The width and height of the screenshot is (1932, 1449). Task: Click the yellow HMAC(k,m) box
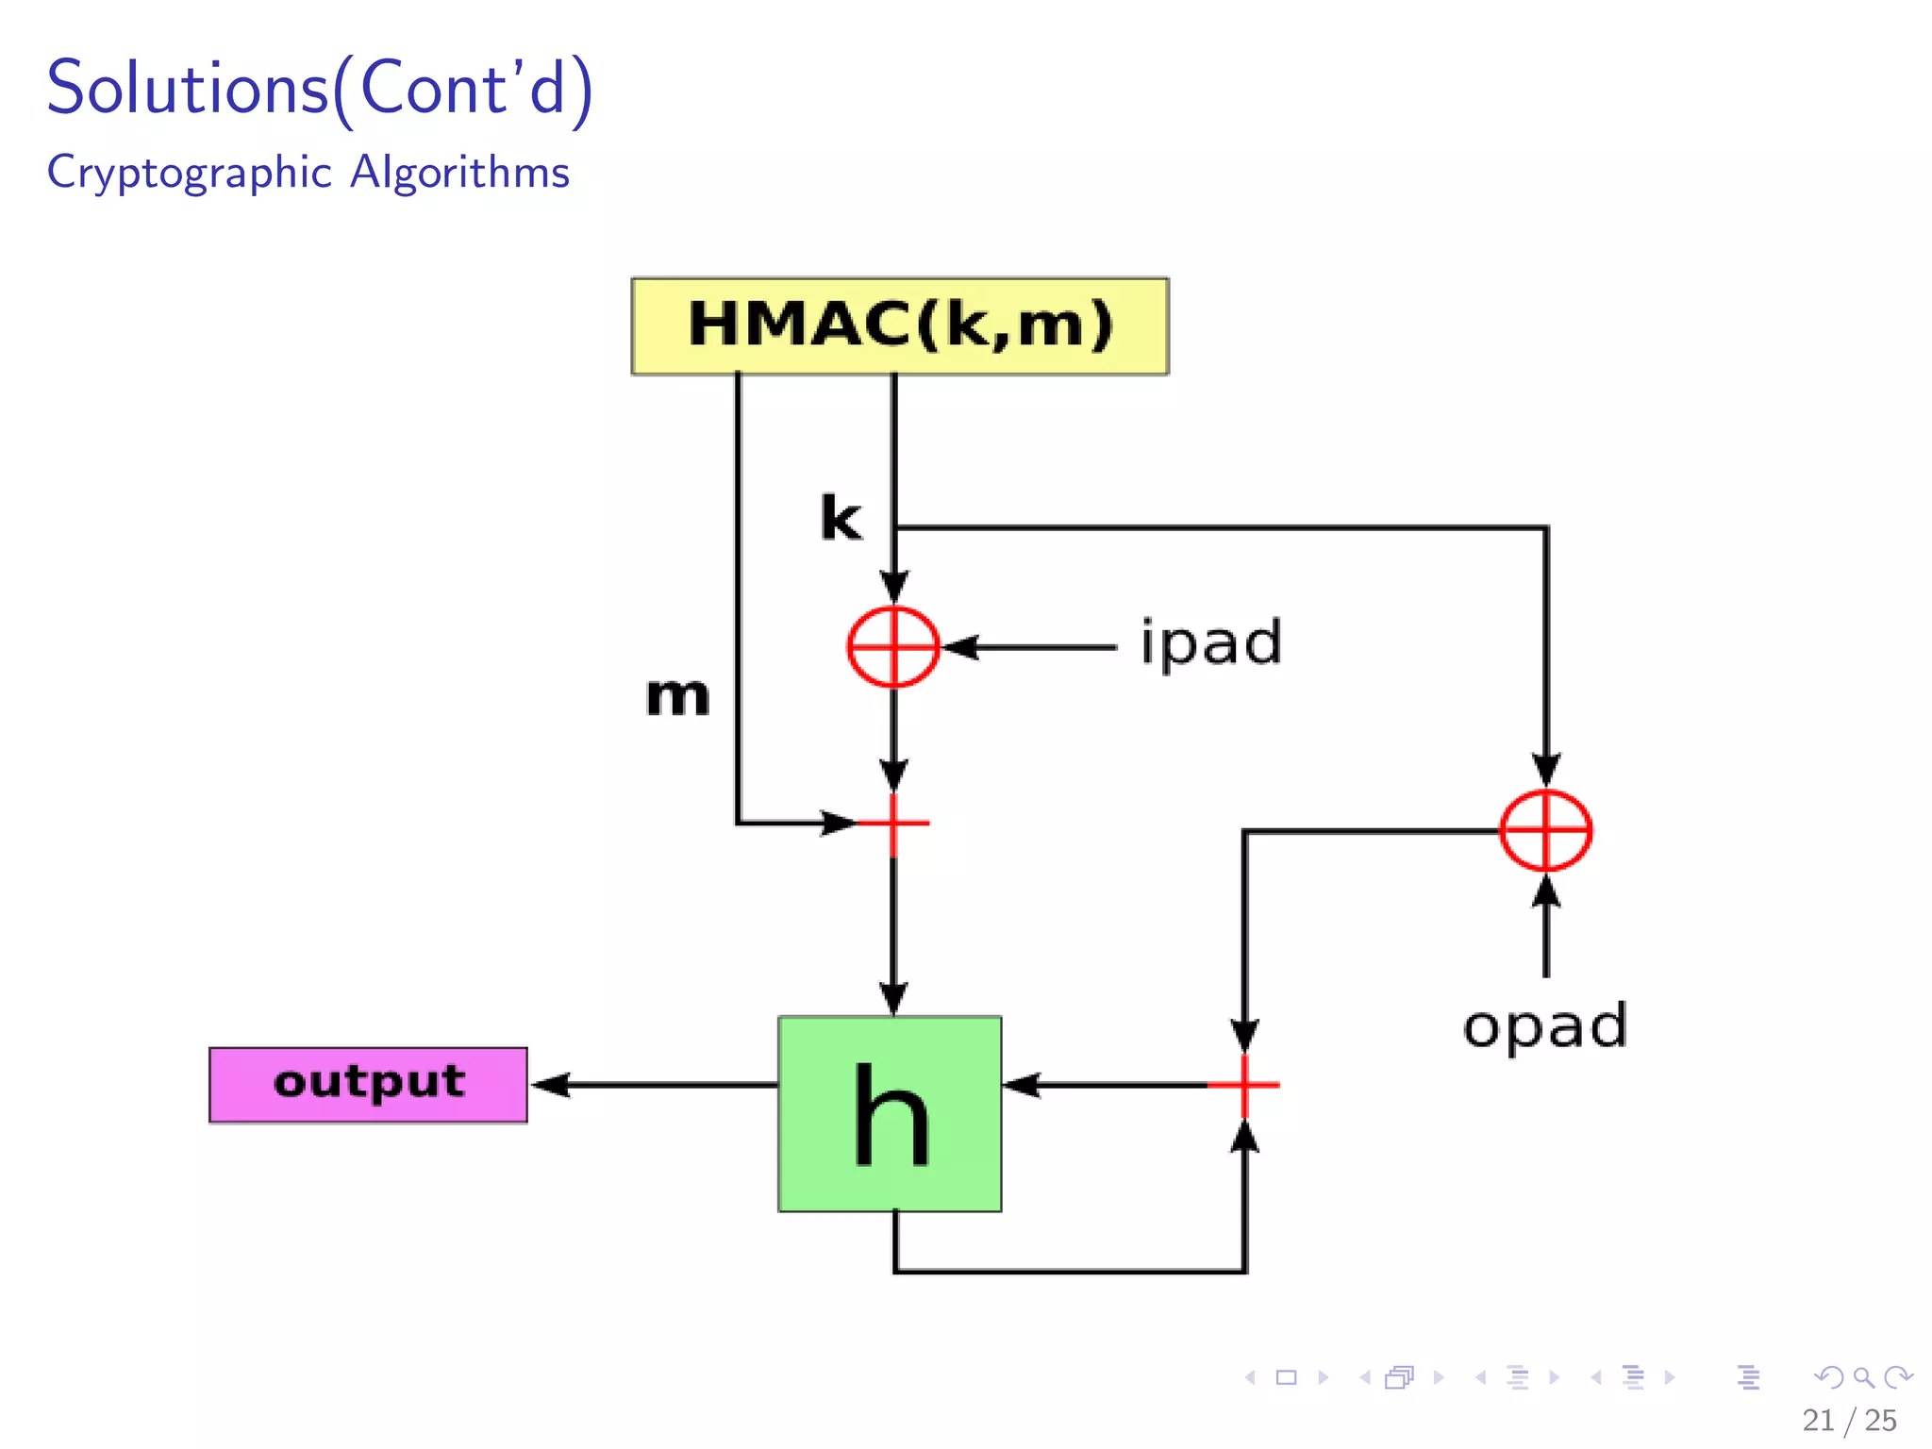[x=899, y=326]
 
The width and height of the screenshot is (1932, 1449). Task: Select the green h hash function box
[x=890, y=1114]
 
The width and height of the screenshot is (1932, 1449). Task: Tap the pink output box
[x=368, y=1085]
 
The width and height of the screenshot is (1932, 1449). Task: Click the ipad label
[x=1211, y=644]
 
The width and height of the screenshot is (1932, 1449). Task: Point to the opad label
[x=1544, y=1026]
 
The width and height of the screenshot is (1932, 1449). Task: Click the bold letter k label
[x=841, y=518]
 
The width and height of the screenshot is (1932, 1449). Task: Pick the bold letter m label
[x=677, y=697]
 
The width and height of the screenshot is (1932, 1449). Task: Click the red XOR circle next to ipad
[x=892, y=647]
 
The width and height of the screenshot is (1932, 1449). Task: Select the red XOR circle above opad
[x=1545, y=831]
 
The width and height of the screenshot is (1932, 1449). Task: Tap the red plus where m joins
[x=892, y=824]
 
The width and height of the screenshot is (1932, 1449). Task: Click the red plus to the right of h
[x=1244, y=1085]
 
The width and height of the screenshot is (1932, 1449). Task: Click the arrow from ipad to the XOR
[x=1028, y=647]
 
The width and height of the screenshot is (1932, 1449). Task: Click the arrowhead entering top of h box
[x=892, y=998]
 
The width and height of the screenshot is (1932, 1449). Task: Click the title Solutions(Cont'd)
[x=320, y=89]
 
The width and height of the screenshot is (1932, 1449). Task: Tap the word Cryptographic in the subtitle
[x=190, y=173]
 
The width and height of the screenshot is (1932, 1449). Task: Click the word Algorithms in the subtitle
[x=460, y=173]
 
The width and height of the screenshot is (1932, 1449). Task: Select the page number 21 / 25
[x=1848, y=1420]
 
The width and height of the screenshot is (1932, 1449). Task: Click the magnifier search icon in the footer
[x=1862, y=1378]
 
